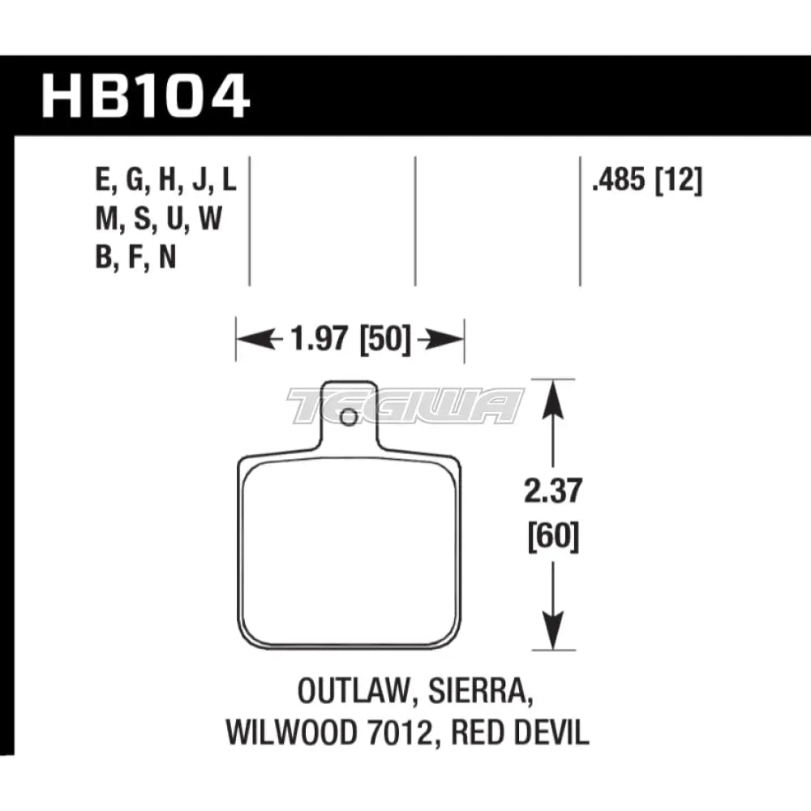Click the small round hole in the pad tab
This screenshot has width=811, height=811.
click(349, 418)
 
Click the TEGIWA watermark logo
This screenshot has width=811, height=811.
click(405, 405)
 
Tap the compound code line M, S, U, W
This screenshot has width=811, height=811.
click(157, 220)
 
